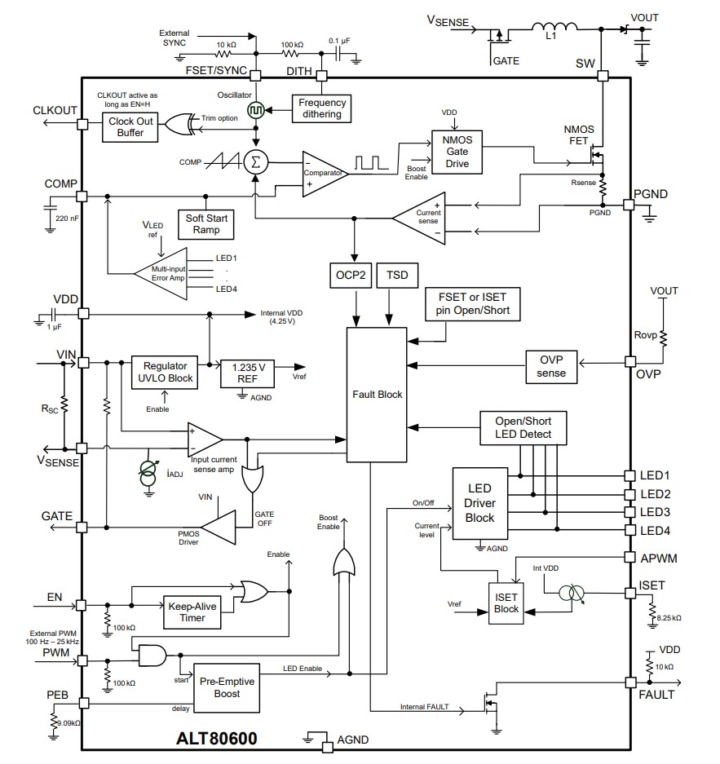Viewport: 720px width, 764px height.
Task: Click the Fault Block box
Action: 377,395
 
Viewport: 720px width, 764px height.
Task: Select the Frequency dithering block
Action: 321,108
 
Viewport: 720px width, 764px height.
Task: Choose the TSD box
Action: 398,276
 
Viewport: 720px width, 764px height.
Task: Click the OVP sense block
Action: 552,367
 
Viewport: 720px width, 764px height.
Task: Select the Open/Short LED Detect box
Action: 523,428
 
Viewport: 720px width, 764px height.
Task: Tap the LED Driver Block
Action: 479,503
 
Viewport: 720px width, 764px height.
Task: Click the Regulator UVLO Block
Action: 165,373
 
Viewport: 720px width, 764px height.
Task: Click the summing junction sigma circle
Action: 256,161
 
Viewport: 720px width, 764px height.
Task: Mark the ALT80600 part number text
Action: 217,739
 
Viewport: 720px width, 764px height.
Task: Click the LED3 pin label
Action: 655,512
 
